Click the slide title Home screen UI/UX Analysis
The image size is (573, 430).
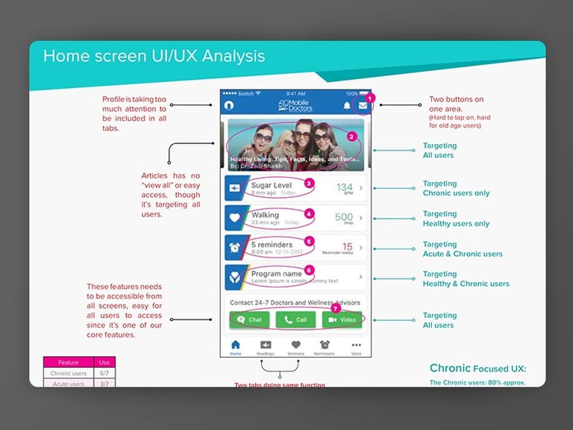coord(154,56)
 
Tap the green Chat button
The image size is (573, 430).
coord(248,320)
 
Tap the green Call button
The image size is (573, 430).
coord(295,320)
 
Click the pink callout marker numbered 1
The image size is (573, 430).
coord(371,99)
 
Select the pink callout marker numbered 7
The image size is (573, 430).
coord(335,308)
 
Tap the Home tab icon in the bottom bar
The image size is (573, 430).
coord(236,347)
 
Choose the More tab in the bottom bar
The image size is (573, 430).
coord(356,347)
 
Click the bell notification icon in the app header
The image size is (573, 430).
coord(347,106)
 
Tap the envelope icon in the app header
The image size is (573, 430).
coord(363,106)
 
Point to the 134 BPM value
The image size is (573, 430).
coord(345,188)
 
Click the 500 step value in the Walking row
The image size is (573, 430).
coord(344,218)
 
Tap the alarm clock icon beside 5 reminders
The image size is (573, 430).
coord(234,248)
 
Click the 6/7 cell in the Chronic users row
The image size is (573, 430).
coord(104,373)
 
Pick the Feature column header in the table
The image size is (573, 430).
coord(69,362)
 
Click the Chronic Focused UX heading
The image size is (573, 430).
coord(477,369)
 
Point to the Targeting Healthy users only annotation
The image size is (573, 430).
coord(456,219)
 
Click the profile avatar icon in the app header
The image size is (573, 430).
coord(230,105)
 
